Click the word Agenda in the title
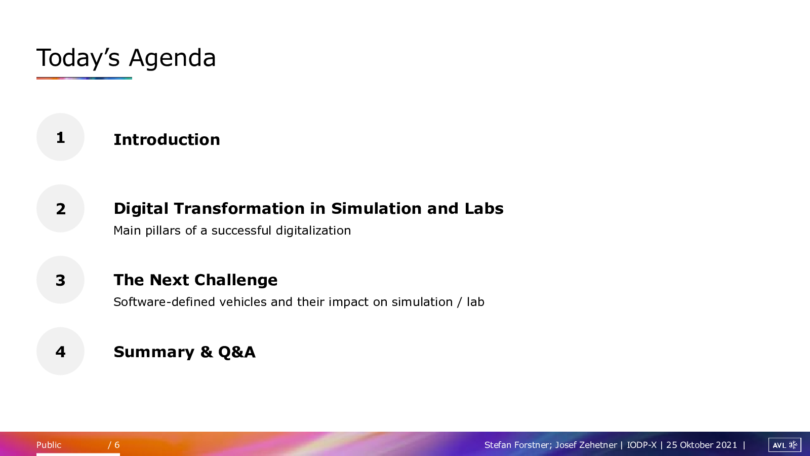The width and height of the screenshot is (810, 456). point(173,58)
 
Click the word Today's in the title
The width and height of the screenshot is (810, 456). point(78,58)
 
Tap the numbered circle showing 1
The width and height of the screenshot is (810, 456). point(60,137)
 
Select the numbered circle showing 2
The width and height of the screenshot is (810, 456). point(60,208)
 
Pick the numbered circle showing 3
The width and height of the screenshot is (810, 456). point(60,280)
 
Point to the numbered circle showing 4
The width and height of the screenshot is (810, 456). point(60,351)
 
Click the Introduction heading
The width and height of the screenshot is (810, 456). point(167,140)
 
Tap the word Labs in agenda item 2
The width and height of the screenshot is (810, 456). point(484,208)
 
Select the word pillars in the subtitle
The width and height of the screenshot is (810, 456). point(163,231)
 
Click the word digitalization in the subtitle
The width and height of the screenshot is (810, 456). point(313,231)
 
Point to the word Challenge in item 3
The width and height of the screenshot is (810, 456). point(236,280)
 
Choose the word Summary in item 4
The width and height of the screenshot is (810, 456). point(154,352)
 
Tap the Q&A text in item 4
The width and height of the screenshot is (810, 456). point(237,352)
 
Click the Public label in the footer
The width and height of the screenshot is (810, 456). point(49,445)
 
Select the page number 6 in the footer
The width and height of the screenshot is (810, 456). point(117,445)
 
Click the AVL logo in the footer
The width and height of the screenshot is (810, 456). point(785,445)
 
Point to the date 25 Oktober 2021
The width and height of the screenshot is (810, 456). point(702,445)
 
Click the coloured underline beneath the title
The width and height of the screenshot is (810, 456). point(84,78)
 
